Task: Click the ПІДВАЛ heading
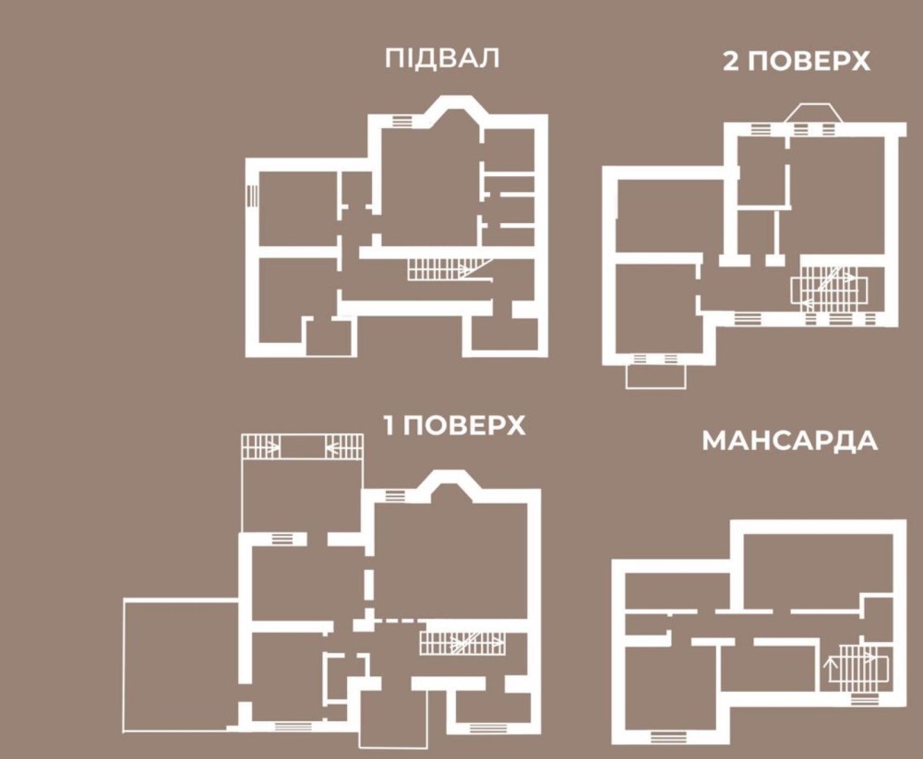pyautogui.click(x=442, y=58)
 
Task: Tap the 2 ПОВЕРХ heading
pyautogui.click(x=797, y=61)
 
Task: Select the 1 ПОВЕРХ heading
pyautogui.click(x=454, y=425)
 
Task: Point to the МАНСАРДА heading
pyautogui.click(x=790, y=441)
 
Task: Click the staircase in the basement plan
pyautogui.click(x=450, y=269)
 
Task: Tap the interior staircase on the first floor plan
pyautogui.click(x=462, y=643)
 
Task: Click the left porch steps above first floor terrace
pyautogui.click(x=261, y=446)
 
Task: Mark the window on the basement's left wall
pyautogui.click(x=253, y=196)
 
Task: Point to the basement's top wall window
pyautogui.click(x=402, y=121)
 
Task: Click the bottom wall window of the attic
pyautogui.click(x=668, y=737)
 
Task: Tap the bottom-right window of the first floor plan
pyautogui.click(x=488, y=729)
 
